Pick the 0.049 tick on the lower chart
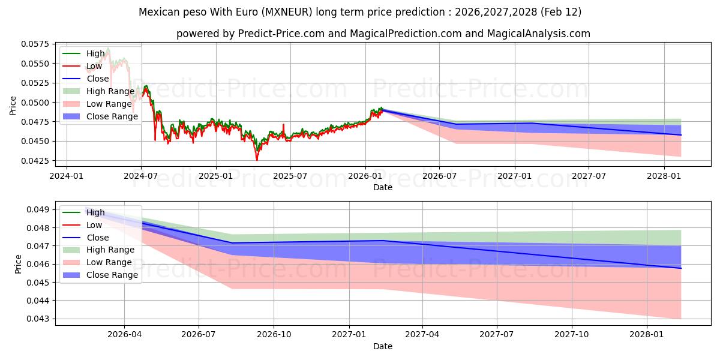coord(42,209)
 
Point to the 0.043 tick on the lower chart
coord(42,319)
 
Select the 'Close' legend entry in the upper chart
coord(98,79)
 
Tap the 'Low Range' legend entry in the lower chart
coord(109,262)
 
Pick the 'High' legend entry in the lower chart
coord(95,212)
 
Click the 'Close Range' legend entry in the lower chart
coord(112,275)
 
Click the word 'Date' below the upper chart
coord(383,187)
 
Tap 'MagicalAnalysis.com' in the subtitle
coord(533,34)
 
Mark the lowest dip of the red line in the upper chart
coord(257,160)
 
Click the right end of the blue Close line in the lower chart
coord(681,268)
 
